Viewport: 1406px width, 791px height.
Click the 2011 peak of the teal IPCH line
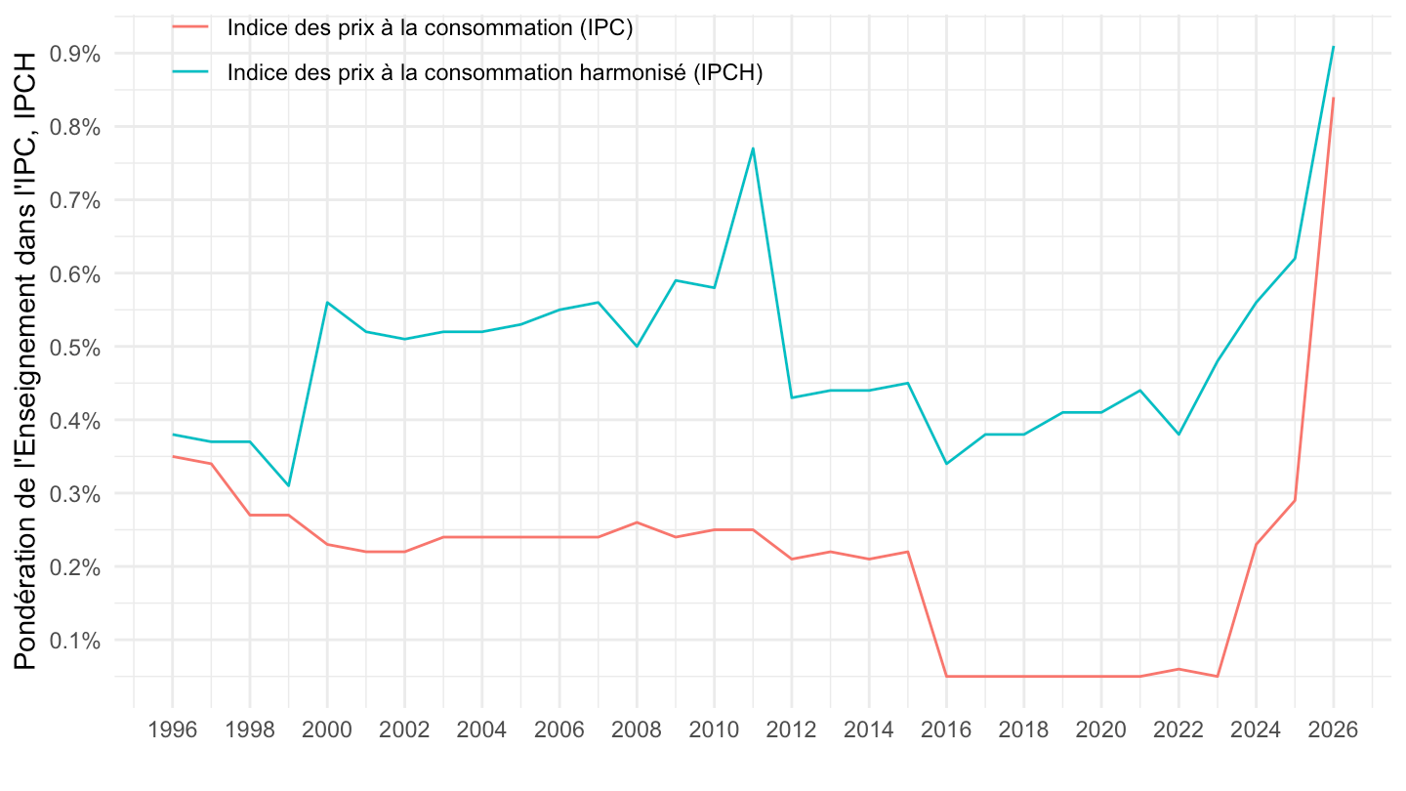click(x=753, y=148)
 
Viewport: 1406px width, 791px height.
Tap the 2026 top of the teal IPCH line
click(x=1333, y=47)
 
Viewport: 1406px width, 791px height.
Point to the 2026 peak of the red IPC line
click(x=1333, y=98)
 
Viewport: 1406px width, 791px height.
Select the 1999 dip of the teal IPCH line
click(x=288, y=485)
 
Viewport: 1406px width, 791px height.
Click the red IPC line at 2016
click(x=946, y=676)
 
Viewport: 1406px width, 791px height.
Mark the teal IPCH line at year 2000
click(x=327, y=303)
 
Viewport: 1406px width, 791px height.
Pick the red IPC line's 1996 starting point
click(x=173, y=456)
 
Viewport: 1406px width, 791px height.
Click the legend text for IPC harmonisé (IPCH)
click(x=494, y=72)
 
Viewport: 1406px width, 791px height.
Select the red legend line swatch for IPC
click(x=190, y=27)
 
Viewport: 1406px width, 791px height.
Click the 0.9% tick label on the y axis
click(x=79, y=54)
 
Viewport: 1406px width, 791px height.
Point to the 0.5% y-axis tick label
click(x=79, y=347)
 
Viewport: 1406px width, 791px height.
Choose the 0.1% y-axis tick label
click(x=79, y=641)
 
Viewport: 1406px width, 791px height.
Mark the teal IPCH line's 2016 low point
click(x=946, y=463)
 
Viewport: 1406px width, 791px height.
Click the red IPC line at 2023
click(x=1217, y=676)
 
